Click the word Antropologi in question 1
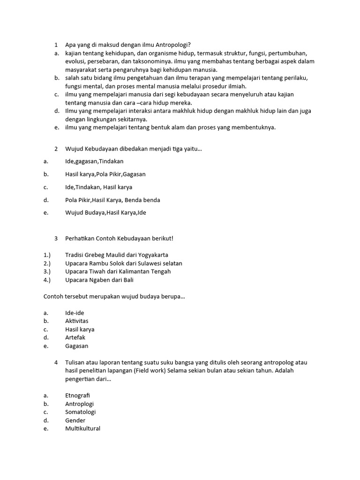tap(172, 45)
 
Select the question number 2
tap(56, 149)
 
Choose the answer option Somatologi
tap(81, 412)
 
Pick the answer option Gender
tap(75, 420)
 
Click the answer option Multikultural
tap(83, 428)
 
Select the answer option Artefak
tap(75, 337)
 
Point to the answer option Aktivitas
tap(77, 321)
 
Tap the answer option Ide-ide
tap(75, 313)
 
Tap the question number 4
tap(56, 362)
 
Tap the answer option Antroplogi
tap(80, 404)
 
